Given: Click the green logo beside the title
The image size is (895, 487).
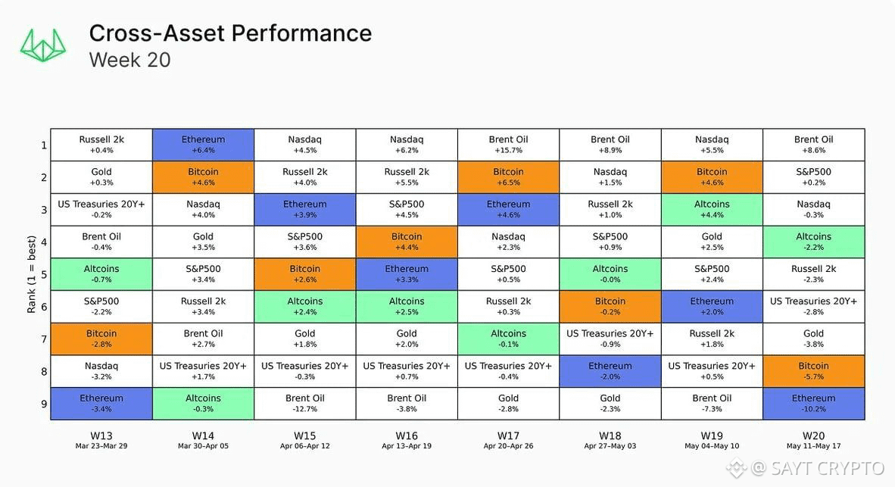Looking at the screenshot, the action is (x=43, y=45).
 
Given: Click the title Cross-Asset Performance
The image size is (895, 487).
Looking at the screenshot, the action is (x=230, y=33).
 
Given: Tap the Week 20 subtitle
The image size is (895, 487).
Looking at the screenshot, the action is (x=129, y=60).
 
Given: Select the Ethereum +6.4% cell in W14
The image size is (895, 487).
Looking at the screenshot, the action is (x=203, y=145).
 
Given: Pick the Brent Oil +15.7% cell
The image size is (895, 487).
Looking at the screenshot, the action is (x=509, y=145).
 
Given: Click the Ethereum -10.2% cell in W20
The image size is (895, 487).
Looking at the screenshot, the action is (x=813, y=404).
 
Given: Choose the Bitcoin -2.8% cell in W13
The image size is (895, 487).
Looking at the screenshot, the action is (x=101, y=339).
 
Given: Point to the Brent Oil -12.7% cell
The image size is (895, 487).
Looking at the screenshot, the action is (x=305, y=404).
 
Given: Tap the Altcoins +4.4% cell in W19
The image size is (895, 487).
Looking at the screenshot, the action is (x=712, y=210).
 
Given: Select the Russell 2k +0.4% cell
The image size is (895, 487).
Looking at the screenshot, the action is (x=101, y=145).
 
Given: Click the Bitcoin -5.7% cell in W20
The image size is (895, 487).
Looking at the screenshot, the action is (x=813, y=371).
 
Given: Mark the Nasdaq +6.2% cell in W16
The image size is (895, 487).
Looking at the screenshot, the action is (x=407, y=145).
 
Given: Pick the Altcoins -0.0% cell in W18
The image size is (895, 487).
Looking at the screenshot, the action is (x=610, y=274).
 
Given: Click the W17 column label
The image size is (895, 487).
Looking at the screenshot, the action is (x=509, y=436).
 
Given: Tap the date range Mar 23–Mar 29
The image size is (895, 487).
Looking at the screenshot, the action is (x=101, y=446).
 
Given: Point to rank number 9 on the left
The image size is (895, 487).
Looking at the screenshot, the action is (x=44, y=404).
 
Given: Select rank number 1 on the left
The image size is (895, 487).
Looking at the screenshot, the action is (x=44, y=145).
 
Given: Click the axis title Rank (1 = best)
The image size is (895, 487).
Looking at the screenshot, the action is (x=31, y=275).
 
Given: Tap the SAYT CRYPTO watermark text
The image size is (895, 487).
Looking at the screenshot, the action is (x=828, y=469).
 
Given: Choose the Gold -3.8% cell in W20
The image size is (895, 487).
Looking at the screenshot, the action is (x=813, y=339).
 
